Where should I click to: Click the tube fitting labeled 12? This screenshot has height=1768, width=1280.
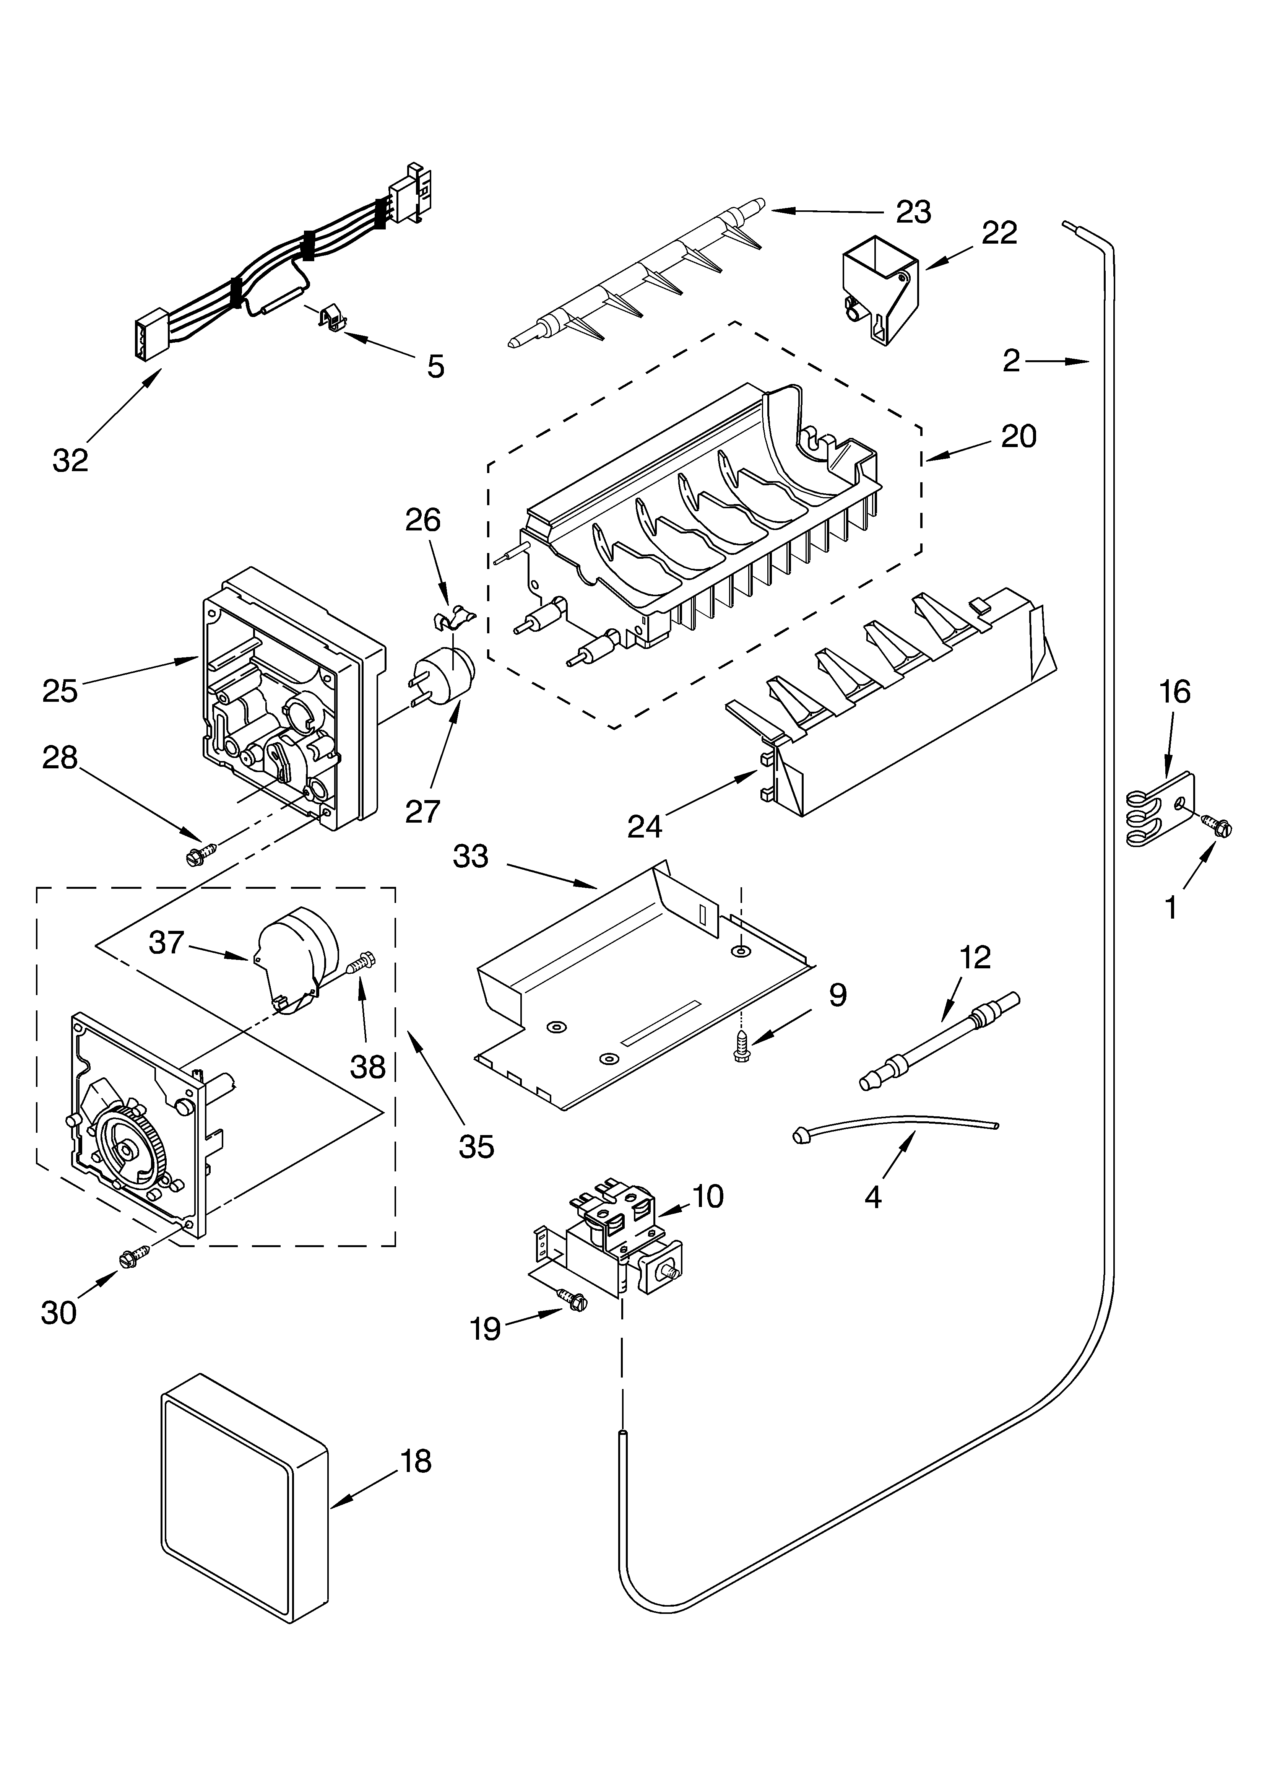tap(939, 1041)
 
